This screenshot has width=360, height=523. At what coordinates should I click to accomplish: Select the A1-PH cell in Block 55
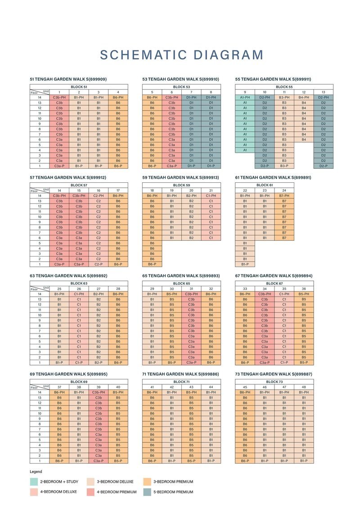(x=245, y=97)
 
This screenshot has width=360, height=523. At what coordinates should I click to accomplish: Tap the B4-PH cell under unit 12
(x=304, y=97)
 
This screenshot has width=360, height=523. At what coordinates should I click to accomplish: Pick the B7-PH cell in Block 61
(x=284, y=195)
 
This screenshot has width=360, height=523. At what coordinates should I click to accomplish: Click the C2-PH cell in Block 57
(x=98, y=195)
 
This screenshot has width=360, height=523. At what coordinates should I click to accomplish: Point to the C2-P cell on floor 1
(x=98, y=264)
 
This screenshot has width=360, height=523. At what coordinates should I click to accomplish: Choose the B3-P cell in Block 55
(x=284, y=166)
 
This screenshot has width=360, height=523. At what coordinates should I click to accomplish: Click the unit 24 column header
(x=284, y=190)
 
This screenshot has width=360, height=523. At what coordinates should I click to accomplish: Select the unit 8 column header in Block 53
(x=211, y=92)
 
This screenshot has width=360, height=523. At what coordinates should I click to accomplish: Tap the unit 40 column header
(x=118, y=387)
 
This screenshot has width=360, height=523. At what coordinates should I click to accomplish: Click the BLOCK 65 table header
(x=181, y=284)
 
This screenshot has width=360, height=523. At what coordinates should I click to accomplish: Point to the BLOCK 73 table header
(x=274, y=382)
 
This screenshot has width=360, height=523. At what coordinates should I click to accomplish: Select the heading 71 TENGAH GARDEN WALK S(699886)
(x=181, y=374)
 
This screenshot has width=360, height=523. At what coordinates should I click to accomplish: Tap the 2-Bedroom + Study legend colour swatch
(x=34, y=482)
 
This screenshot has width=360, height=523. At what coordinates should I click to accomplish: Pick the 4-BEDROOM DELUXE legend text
(x=65, y=492)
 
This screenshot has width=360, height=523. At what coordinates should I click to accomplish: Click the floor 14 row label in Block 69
(x=40, y=392)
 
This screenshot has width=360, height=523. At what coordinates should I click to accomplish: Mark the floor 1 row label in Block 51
(x=40, y=166)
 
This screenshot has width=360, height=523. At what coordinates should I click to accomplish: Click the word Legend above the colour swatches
(x=36, y=471)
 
